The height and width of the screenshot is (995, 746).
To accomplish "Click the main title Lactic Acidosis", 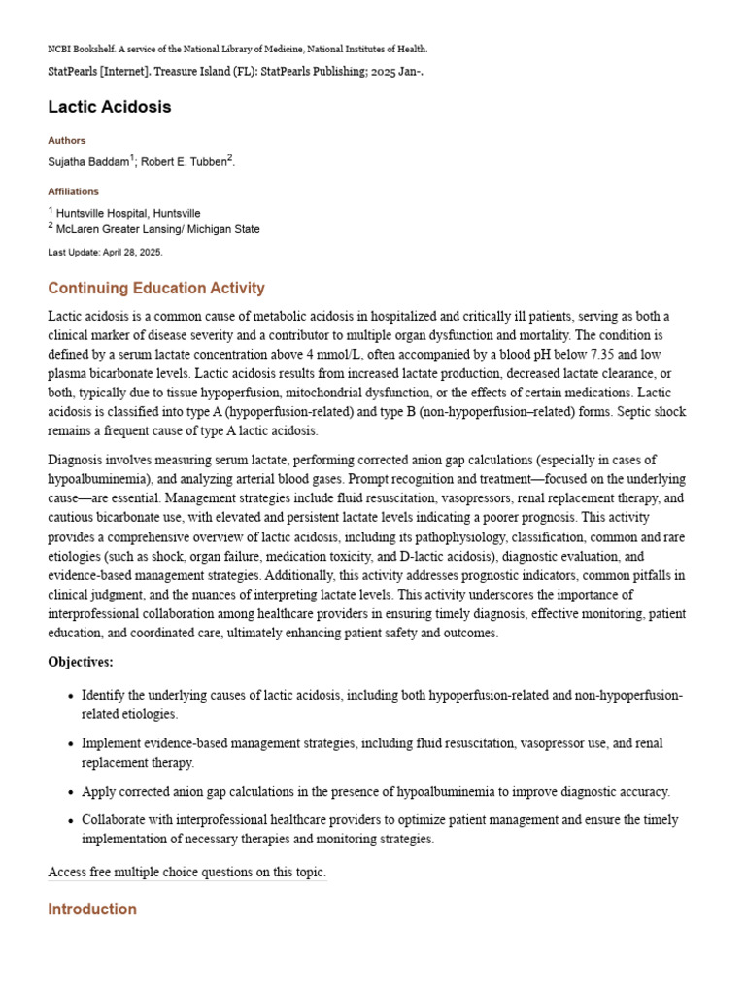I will [110, 107].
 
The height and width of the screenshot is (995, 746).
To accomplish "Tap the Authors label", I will [67, 141].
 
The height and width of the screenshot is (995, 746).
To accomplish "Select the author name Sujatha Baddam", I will [88, 162].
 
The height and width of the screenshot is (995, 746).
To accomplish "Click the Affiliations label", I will [74, 192].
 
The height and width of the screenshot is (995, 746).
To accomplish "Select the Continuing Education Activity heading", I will [155, 289].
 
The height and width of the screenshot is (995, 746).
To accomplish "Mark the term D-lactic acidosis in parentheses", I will [552, 557].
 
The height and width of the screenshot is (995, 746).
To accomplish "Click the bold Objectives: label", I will [81, 662].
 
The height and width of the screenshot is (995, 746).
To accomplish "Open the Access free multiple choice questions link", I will [186, 873].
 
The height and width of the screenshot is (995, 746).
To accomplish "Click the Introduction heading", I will [92, 909].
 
